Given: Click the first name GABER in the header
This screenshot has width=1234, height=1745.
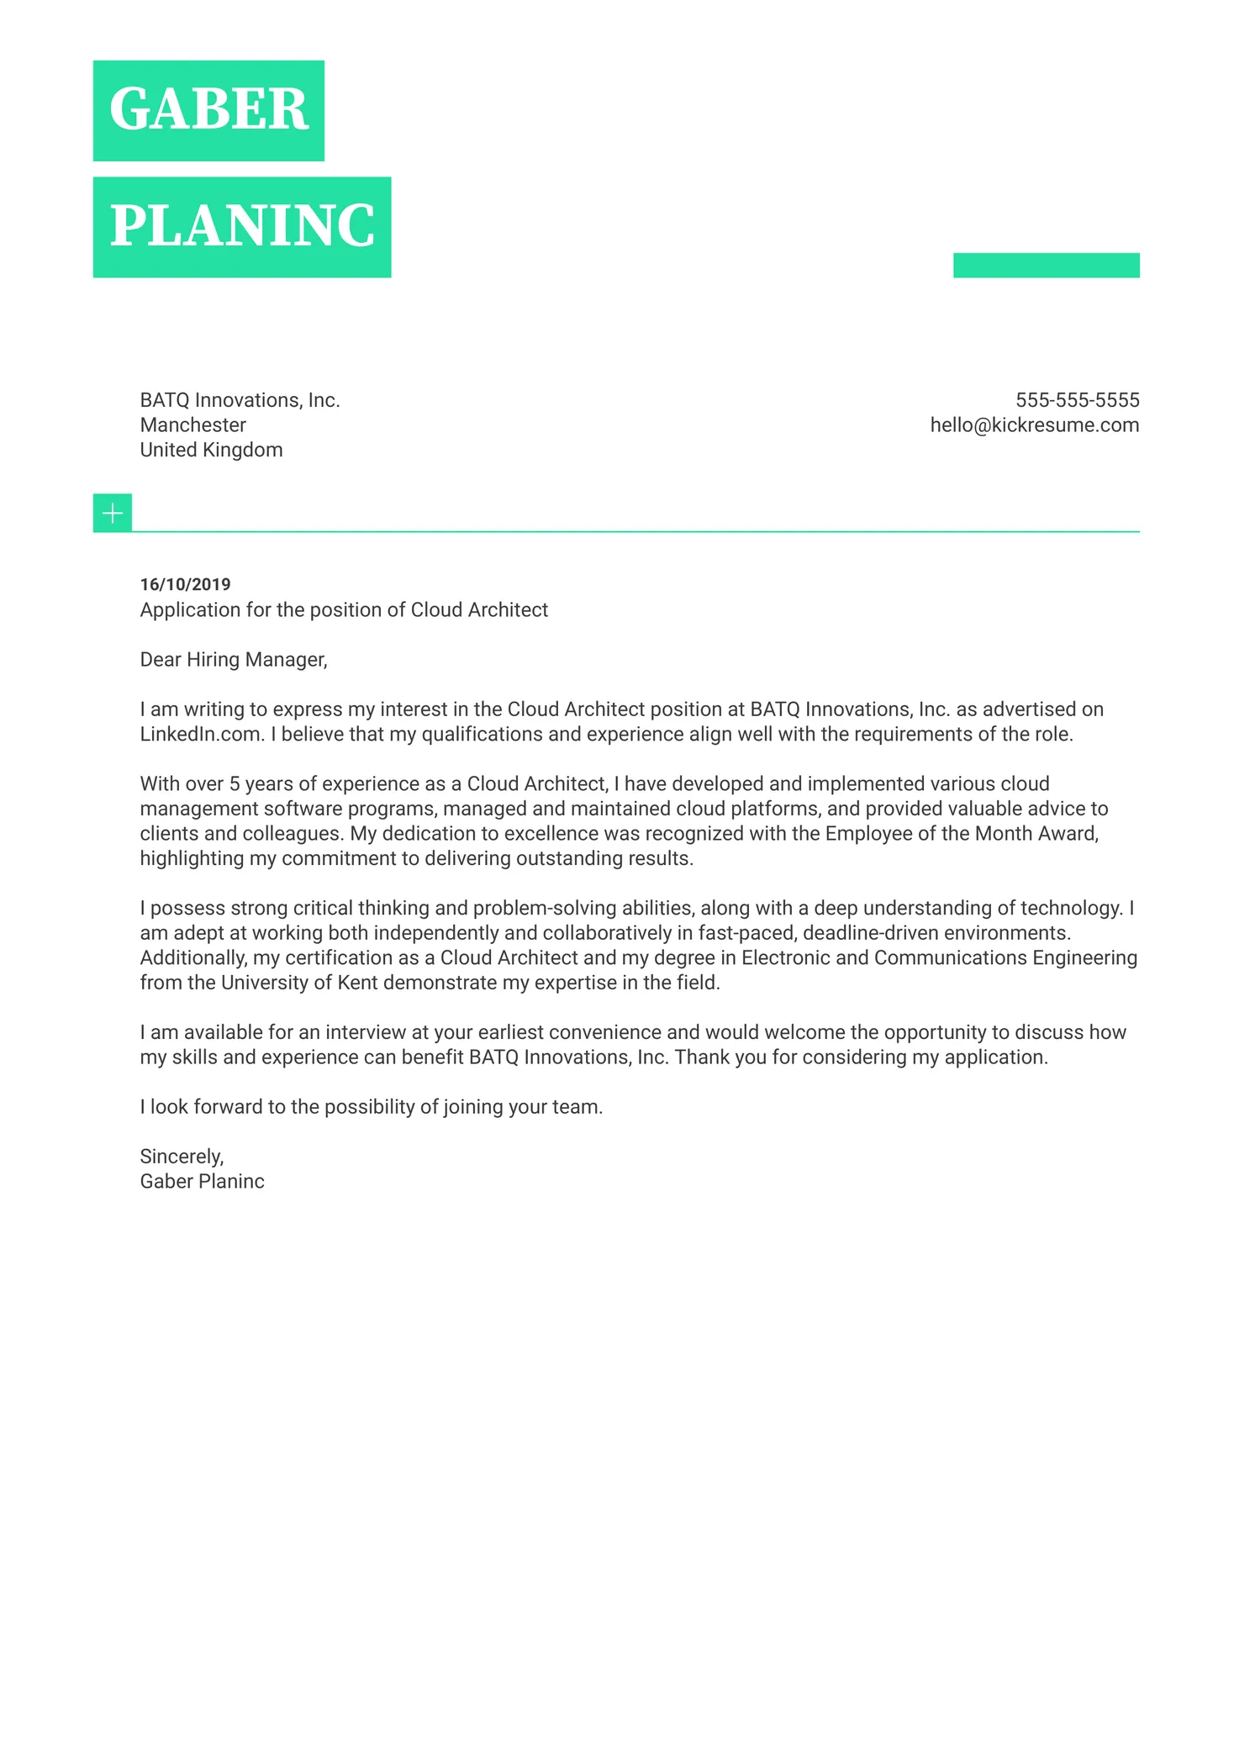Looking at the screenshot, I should click(208, 110).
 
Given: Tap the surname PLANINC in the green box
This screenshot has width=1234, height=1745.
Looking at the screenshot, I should click(242, 226).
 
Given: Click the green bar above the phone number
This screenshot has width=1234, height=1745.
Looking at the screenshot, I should click(1046, 265).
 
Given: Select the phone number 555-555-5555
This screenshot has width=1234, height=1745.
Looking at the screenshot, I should click(1077, 400).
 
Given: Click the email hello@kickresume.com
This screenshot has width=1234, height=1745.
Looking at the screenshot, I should click(1034, 425).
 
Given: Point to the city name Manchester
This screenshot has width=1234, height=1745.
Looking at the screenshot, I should click(192, 425).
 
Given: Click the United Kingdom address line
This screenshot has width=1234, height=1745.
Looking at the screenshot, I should click(211, 451).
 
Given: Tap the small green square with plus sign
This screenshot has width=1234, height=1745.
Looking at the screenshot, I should click(113, 513).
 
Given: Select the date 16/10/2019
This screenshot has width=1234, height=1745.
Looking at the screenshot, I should click(185, 584).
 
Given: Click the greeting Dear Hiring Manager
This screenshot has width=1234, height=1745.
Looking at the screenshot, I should click(233, 660).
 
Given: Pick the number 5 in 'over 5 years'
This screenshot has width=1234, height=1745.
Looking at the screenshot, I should click(235, 784).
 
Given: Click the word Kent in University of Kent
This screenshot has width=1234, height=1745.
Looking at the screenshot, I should click(357, 983).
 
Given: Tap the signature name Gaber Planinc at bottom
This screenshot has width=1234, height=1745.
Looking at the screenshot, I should click(202, 1182).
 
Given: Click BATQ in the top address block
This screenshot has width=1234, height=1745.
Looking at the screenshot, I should click(164, 400).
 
